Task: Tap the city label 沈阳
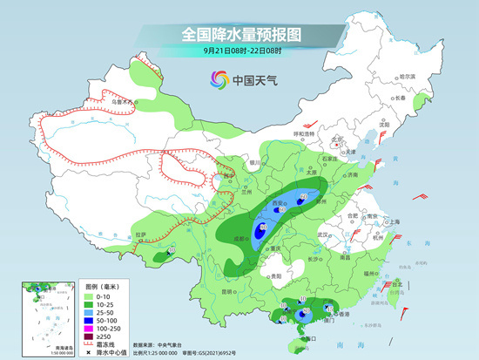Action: [384, 125]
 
